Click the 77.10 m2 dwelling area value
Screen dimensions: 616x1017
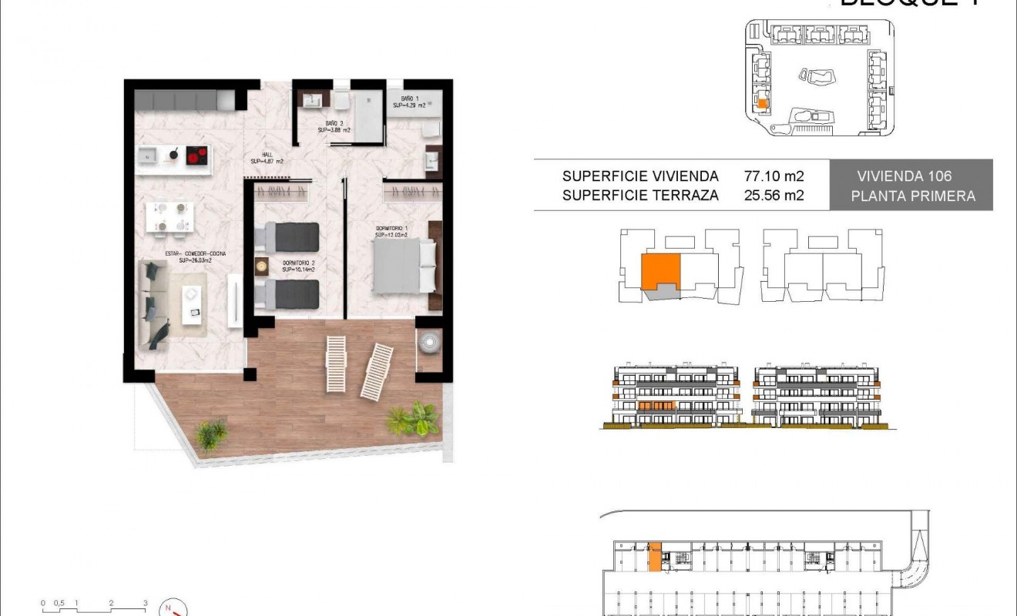point(774,176)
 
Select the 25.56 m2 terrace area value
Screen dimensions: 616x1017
point(774,196)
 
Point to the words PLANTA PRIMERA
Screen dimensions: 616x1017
point(912,196)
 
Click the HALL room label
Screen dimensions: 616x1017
point(267,158)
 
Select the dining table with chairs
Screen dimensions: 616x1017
point(169,216)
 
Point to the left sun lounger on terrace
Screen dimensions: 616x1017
point(336,363)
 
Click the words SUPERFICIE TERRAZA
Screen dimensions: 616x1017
point(640,196)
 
